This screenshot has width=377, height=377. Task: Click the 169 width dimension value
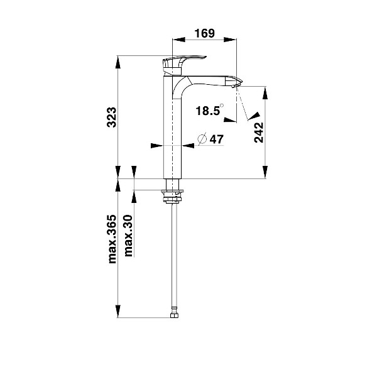204,33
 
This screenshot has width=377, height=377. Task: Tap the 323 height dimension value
112,117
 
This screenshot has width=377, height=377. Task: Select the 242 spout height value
259,133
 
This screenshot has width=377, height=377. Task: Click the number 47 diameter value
217,139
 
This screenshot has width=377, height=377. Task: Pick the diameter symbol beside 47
202,139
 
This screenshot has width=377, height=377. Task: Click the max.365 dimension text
112,239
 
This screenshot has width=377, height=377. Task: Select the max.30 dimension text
128,236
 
